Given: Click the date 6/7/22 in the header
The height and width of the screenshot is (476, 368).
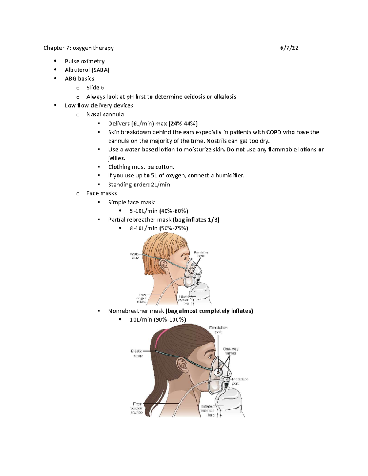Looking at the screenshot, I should click(x=289, y=48).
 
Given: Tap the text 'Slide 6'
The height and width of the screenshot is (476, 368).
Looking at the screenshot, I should click(x=95, y=88).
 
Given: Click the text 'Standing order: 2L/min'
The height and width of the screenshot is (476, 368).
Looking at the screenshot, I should click(x=139, y=185).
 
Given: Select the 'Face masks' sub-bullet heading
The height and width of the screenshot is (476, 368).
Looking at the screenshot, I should click(x=102, y=193).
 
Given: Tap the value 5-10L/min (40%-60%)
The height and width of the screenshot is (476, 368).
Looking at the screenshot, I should click(x=159, y=211).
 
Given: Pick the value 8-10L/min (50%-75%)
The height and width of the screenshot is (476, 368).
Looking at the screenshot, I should click(x=159, y=228).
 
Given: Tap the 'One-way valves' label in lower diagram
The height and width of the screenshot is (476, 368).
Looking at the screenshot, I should click(x=231, y=351).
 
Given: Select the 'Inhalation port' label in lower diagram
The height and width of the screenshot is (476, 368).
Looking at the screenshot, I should click(x=240, y=381).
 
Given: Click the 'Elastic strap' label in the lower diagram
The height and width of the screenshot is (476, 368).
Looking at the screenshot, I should click(x=137, y=353).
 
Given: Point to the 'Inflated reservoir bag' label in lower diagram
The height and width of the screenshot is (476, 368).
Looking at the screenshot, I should click(x=208, y=410).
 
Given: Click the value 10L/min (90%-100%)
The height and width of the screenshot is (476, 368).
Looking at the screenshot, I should click(x=158, y=319).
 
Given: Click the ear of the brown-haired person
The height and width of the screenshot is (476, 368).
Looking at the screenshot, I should click(x=182, y=365).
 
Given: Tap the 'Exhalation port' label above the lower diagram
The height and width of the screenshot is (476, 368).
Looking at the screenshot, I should click(x=218, y=329).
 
